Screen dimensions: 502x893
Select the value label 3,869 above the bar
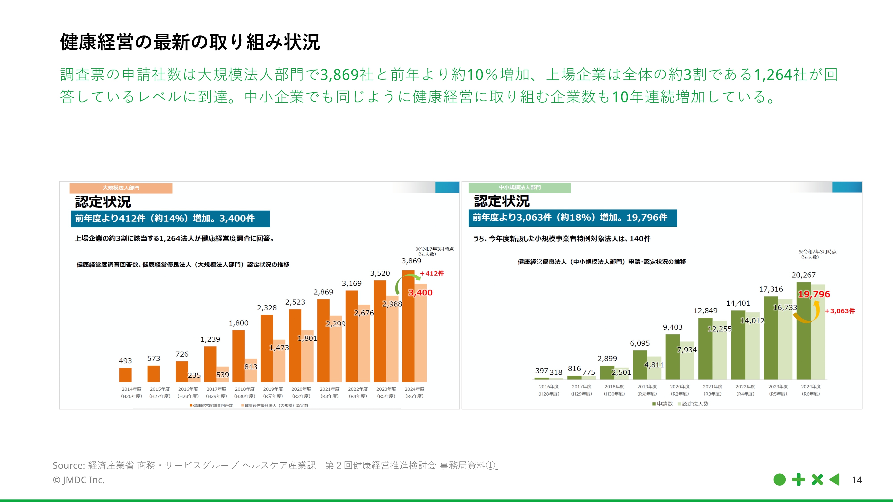[x=411, y=261]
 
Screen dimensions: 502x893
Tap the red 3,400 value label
[x=420, y=293]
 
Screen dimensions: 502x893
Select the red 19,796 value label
[x=814, y=294]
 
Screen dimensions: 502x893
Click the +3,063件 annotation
[x=840, y=311]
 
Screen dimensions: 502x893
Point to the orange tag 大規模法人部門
[x=121, y=188]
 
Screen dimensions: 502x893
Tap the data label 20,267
[x=803, y=275]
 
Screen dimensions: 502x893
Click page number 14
[x=857, y=480]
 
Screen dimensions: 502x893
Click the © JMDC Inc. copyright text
[x=79, y=480]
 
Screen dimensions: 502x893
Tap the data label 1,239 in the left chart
[x=210, y=339]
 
